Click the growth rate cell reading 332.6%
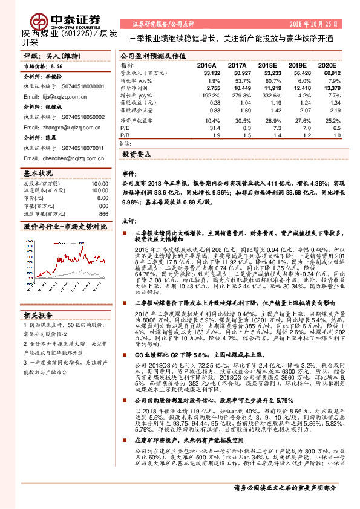click(269, 96)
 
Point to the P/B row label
click(124, 136)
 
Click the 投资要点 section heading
click(136, 155)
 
